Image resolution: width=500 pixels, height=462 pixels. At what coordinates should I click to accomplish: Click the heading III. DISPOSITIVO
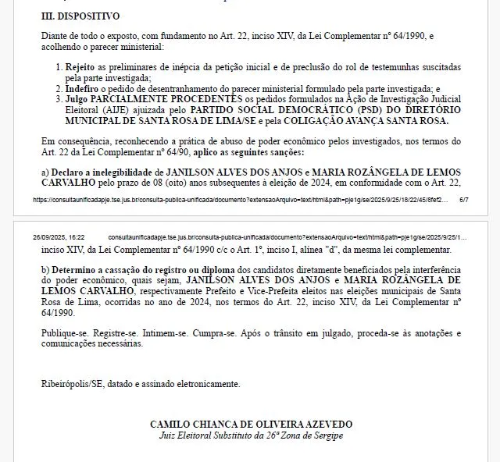[80, 15]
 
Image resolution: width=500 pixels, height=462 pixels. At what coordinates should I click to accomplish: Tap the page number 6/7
[463, 200]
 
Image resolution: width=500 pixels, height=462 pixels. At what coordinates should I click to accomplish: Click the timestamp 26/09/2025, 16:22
[59, 236]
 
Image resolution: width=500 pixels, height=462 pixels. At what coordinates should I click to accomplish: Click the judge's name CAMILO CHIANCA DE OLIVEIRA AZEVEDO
[251, 424]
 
